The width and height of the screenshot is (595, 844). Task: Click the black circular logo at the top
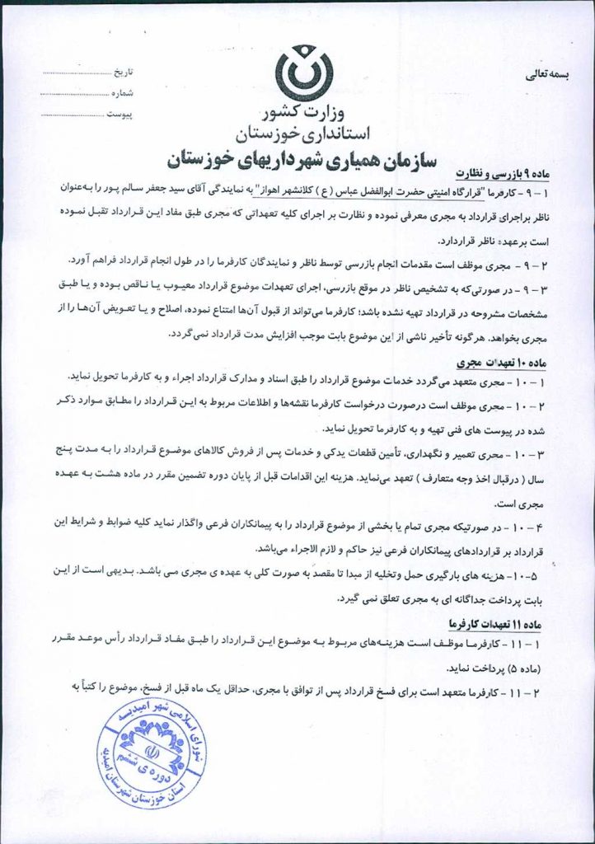304,73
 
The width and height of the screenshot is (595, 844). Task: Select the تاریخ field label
121,73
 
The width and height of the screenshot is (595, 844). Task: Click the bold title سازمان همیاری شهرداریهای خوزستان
304,157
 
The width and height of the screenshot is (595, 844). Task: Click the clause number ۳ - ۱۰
557,454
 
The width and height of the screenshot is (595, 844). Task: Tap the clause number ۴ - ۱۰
557,525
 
